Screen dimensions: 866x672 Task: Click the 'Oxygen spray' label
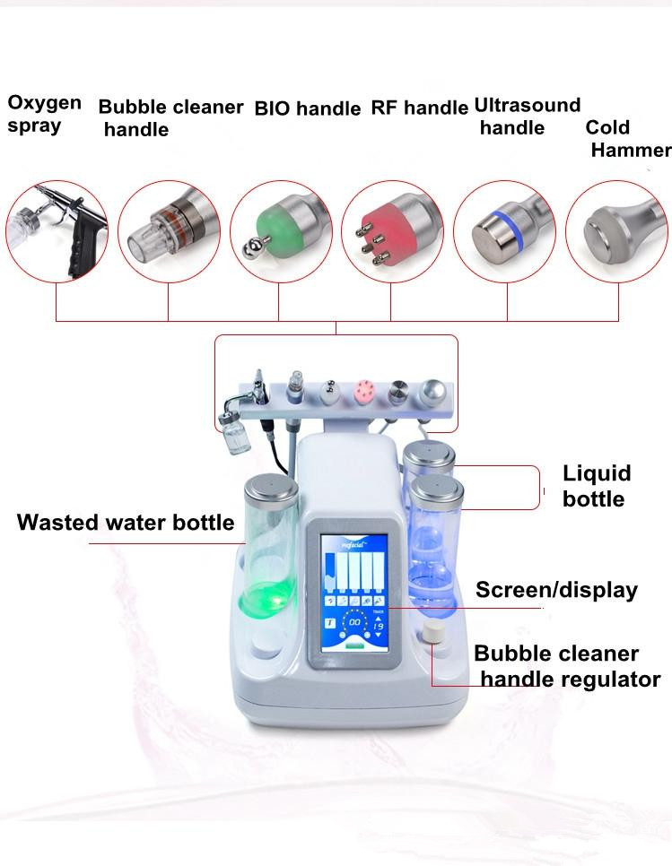pyautogui.click(x=44, y=114)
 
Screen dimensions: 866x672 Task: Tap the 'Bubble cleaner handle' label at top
pyautogui.click(x=170, y=118)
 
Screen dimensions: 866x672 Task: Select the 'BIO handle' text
pyautogui.click(x=308, y=108)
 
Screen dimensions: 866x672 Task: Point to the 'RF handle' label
pyautogui.click(x=419, y=108)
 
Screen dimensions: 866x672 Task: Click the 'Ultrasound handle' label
pyautogui.click(x=527, y=117)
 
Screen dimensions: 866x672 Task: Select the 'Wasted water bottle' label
pyautogui.click(x=126, y=523)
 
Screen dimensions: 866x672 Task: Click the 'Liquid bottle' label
pyautogui.click(x=597, y=486)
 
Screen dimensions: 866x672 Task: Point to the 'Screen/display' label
pyautogui.click(x=556, y=590)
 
